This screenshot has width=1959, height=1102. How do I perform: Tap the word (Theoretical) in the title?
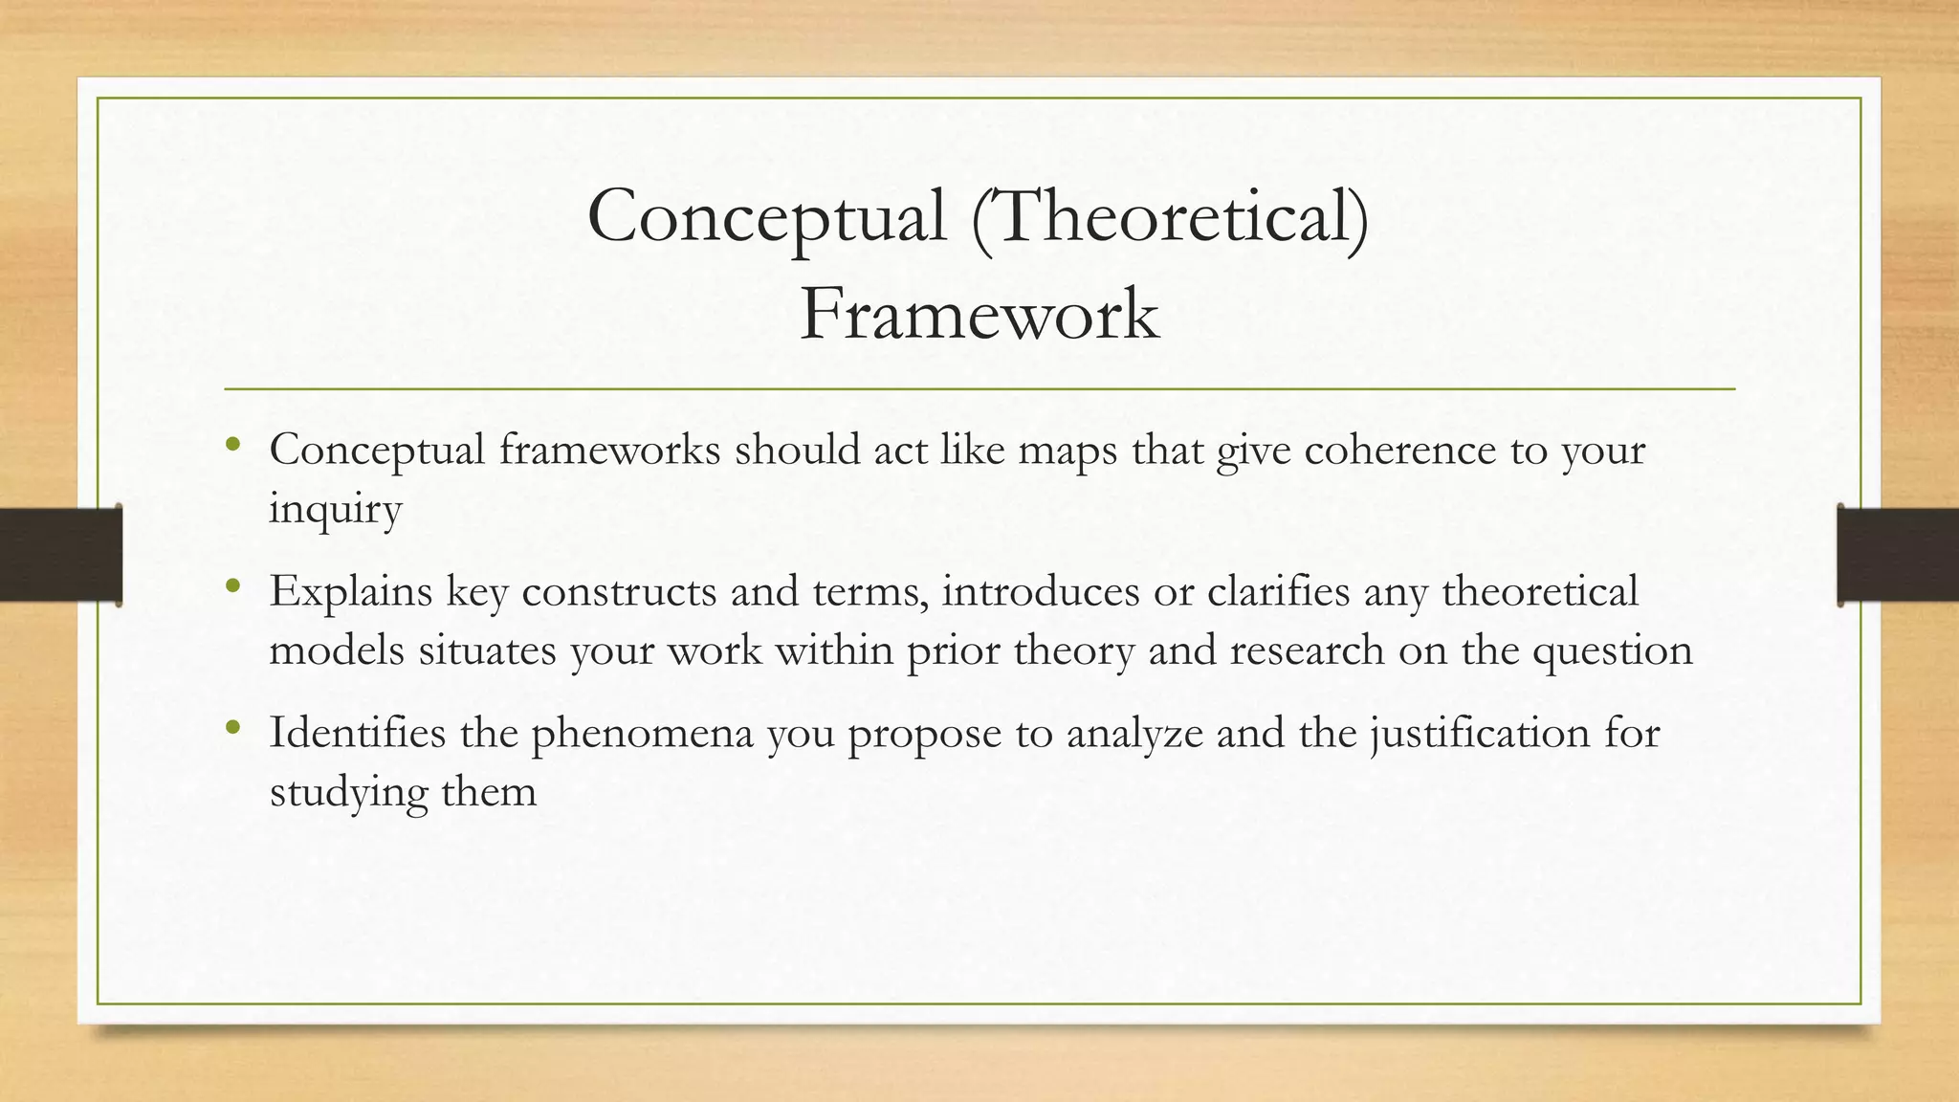1169,216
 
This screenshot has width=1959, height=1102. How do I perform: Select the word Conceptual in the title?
766,216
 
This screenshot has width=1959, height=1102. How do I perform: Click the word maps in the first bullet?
1067,451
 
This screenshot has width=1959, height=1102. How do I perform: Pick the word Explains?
350,592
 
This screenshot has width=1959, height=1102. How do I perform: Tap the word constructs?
619,592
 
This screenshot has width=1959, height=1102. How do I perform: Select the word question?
1613,651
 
